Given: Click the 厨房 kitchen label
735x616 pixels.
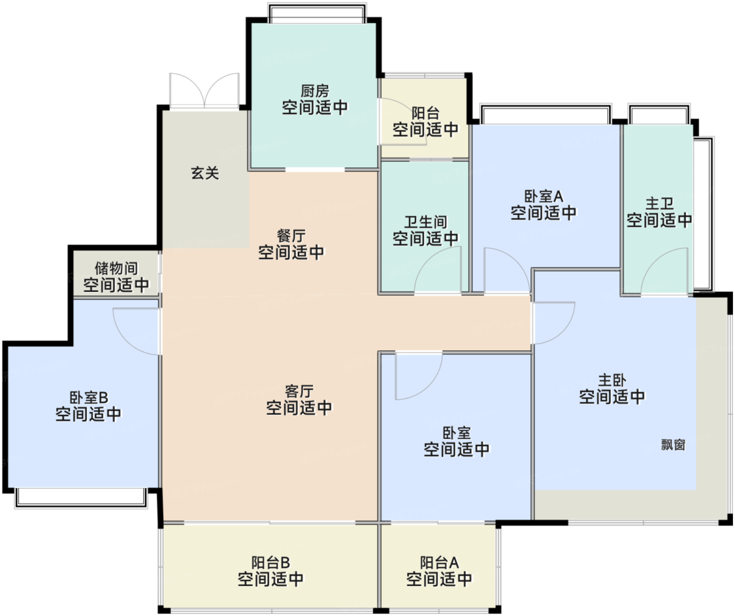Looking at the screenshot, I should coord(314,91).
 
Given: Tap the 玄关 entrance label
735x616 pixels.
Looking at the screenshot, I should coord(205,173).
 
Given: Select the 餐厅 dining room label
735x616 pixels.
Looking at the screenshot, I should coord(291,236).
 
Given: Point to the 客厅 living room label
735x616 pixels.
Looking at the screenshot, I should coord(299,391).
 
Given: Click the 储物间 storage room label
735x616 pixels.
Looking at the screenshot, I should coord(116,269).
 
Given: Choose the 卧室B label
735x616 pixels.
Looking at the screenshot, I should coord(89,398).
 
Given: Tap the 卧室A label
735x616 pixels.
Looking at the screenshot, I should coord(543,196).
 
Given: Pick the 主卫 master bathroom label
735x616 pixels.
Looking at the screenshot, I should coord(659,203).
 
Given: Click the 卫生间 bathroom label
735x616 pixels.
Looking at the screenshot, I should coord(425,222).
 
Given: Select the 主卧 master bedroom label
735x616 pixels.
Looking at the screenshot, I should coord(612,380).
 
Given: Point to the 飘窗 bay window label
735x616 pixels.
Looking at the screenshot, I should coord(673,445).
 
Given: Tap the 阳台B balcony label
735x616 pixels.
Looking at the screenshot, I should coord(270,563).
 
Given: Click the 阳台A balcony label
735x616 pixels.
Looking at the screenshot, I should coord(439,563).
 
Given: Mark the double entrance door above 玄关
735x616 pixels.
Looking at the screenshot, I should coord(204,92).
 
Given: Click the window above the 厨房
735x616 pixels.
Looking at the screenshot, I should coord(317,14).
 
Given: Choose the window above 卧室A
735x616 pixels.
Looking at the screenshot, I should coord(545,114).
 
